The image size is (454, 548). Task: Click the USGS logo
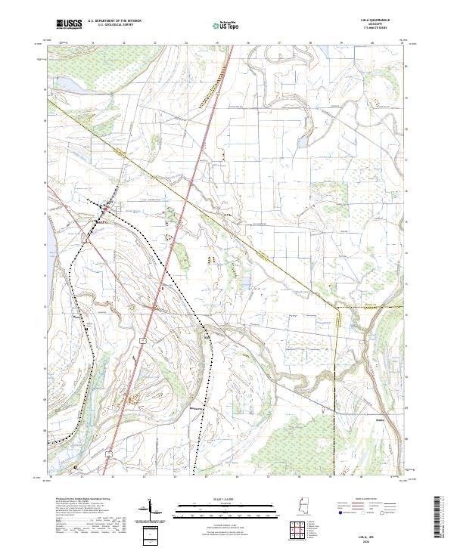point(69,23)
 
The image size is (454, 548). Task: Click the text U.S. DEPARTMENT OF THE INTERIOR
point(114,21)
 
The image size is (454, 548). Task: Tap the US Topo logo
point(226,24)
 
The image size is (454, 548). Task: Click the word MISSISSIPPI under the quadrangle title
point(387,25)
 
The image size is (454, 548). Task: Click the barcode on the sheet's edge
point(438,517)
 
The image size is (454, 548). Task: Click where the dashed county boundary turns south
point(336,308)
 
